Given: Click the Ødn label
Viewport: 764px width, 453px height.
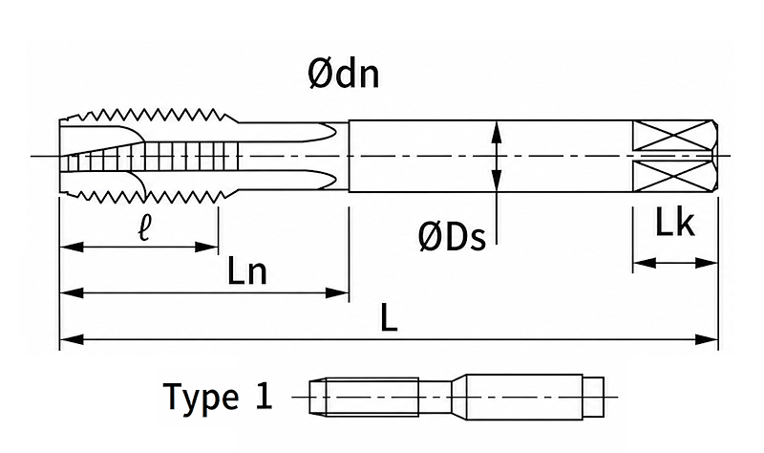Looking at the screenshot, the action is point(344,75).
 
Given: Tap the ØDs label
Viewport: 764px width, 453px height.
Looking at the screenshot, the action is point(452,236).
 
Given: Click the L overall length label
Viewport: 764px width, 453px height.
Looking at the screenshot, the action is point(389,318).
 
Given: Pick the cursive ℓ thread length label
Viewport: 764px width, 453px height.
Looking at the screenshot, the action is point(143,228).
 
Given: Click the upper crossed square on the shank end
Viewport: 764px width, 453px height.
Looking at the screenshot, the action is point(671,135).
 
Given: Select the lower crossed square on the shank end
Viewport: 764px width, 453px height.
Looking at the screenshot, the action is point(671,176).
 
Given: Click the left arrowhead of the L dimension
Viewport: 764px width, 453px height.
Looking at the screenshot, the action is point(71,339).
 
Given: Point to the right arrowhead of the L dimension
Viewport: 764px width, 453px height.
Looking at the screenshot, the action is point(707,339).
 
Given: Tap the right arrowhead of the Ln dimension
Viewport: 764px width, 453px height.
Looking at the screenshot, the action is point(337,293).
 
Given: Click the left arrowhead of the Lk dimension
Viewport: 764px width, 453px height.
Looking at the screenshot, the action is point(644,264).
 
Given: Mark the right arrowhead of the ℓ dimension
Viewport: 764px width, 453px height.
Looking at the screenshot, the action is point(206,248).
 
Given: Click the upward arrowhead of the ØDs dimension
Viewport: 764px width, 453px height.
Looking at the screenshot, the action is point(496,132).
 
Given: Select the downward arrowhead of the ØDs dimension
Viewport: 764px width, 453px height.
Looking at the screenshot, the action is point(496,180).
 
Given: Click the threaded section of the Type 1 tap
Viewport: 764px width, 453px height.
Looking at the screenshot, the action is point(372,397).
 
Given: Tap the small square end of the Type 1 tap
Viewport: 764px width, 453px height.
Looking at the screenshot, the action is point(593,397).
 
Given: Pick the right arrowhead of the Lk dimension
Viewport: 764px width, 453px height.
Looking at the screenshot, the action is point(707,264).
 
